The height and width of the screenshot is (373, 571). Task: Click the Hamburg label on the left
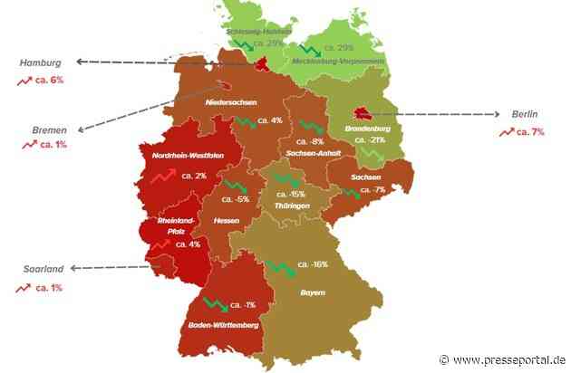40,63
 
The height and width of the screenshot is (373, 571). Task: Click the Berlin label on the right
524,115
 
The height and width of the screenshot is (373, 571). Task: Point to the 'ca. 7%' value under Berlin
529,132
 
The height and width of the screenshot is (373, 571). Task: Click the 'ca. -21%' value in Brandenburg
371,140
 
